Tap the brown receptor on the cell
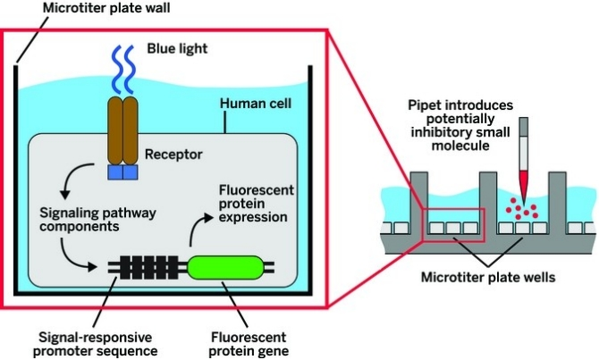pyautogui.click(x=124, y=130)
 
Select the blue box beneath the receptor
pyautogui.click(x=124, y=171)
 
